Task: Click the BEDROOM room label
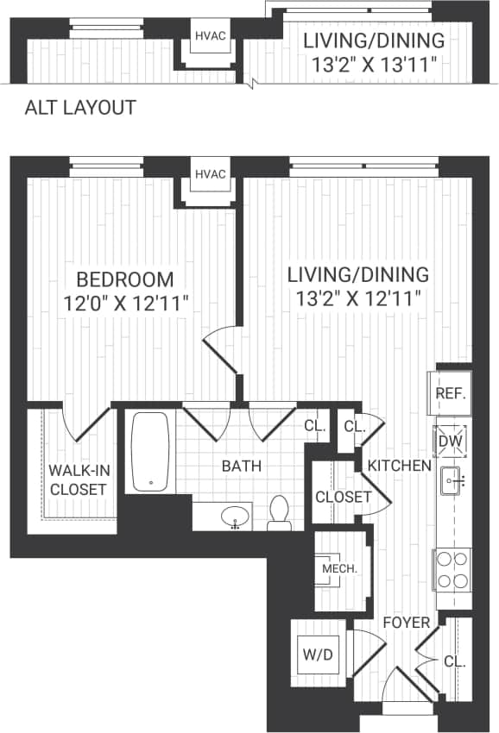[124, 279]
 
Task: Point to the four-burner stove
[452, 569]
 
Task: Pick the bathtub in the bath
[151, 451]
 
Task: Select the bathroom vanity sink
[236, 518]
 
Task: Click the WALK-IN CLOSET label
[77, 480]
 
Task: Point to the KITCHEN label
[399, 466]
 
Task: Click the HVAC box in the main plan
[210, 175]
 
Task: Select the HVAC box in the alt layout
[210, 36]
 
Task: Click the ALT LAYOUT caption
[80, 108]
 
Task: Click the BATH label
[242, 467]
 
